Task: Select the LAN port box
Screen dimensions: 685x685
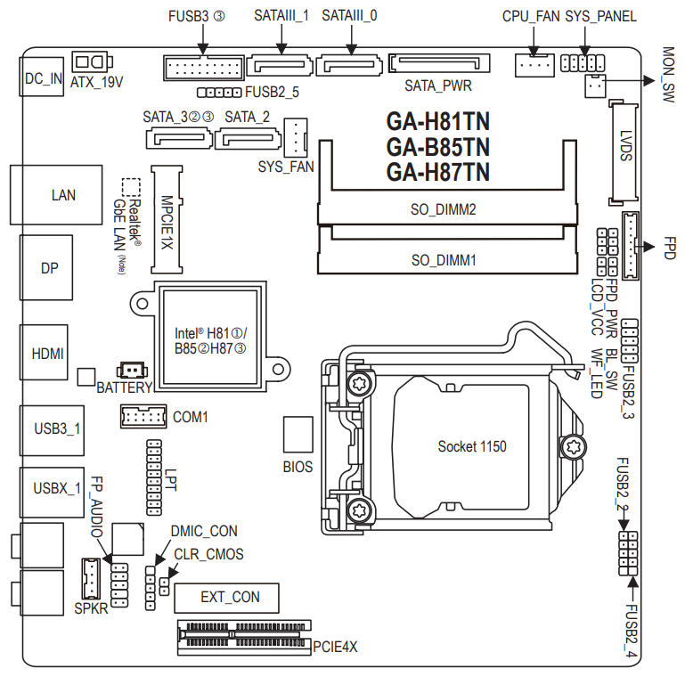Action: click(x=62, y=195)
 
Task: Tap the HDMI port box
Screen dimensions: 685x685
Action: click(x=47, y=354)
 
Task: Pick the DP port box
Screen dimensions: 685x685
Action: click(x=49, y=267)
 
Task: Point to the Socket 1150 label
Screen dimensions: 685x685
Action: click(x=472, y=445)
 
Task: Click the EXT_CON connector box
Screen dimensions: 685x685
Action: click(x=227, y=597)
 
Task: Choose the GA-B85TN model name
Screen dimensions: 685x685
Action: click(x=438, y=146)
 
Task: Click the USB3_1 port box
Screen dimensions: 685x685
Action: click(x=56, y=428)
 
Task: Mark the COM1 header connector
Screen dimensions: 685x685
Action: click(x=143, y=416)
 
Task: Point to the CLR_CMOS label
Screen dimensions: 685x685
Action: click(x=208, y=554)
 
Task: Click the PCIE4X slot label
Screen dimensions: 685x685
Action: click(x=335, y=648)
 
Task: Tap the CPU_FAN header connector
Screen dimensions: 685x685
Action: click(x=533, y=63)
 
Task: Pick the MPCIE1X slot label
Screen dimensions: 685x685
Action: click(x=167, y=221)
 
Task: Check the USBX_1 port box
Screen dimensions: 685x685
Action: click(x=56, y=487)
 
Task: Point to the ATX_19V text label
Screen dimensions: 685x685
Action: click(x=96, y=81)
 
